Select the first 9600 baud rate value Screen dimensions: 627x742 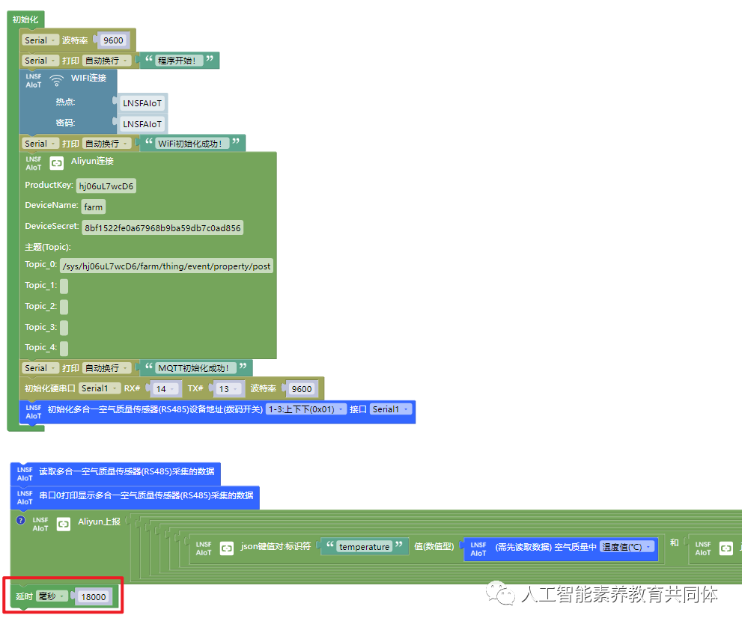click(113, 40)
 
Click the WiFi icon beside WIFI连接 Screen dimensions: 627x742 click(56, 80)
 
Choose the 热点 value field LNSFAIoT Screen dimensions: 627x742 click(142, 103)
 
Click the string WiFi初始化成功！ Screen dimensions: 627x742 click(192, 144)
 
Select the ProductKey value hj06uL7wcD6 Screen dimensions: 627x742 click(107, 186)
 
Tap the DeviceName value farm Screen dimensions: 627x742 click(94, 207)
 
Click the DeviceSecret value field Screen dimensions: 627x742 click(162, 227)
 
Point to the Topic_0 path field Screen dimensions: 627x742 click(167, 266)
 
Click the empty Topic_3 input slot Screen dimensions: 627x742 click(64, 327)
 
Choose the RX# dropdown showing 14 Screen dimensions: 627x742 click(165, 389)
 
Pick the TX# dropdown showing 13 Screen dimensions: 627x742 click(228, 389)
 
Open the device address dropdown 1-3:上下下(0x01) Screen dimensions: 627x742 click(306, 409)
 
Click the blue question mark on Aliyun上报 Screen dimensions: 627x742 click(21, 520)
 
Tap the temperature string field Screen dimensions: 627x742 click(364, 547)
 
